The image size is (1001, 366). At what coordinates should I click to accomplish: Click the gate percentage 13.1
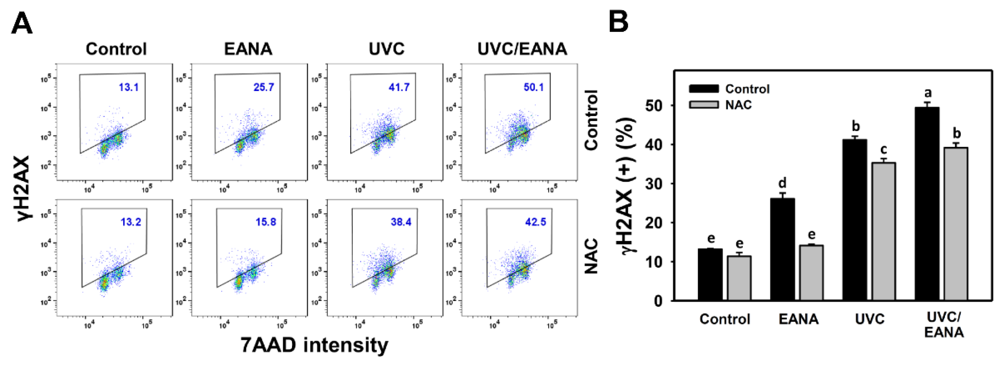129,87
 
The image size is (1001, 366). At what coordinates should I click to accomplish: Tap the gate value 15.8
266,222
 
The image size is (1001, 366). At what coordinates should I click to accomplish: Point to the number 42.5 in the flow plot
536,222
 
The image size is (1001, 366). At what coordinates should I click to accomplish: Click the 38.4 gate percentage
401,222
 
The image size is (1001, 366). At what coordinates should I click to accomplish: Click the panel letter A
22,23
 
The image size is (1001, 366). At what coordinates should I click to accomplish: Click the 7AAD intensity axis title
314,345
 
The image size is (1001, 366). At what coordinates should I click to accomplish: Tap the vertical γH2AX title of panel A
23,189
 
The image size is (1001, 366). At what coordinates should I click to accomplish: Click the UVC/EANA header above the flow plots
522,49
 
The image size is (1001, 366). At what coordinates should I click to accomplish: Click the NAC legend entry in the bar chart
738,105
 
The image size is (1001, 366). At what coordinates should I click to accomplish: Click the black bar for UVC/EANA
927,204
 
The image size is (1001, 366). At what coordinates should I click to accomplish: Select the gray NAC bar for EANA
811,272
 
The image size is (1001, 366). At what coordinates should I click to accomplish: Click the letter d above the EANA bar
782,183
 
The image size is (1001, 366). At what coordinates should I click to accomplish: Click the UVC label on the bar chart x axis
870,319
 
